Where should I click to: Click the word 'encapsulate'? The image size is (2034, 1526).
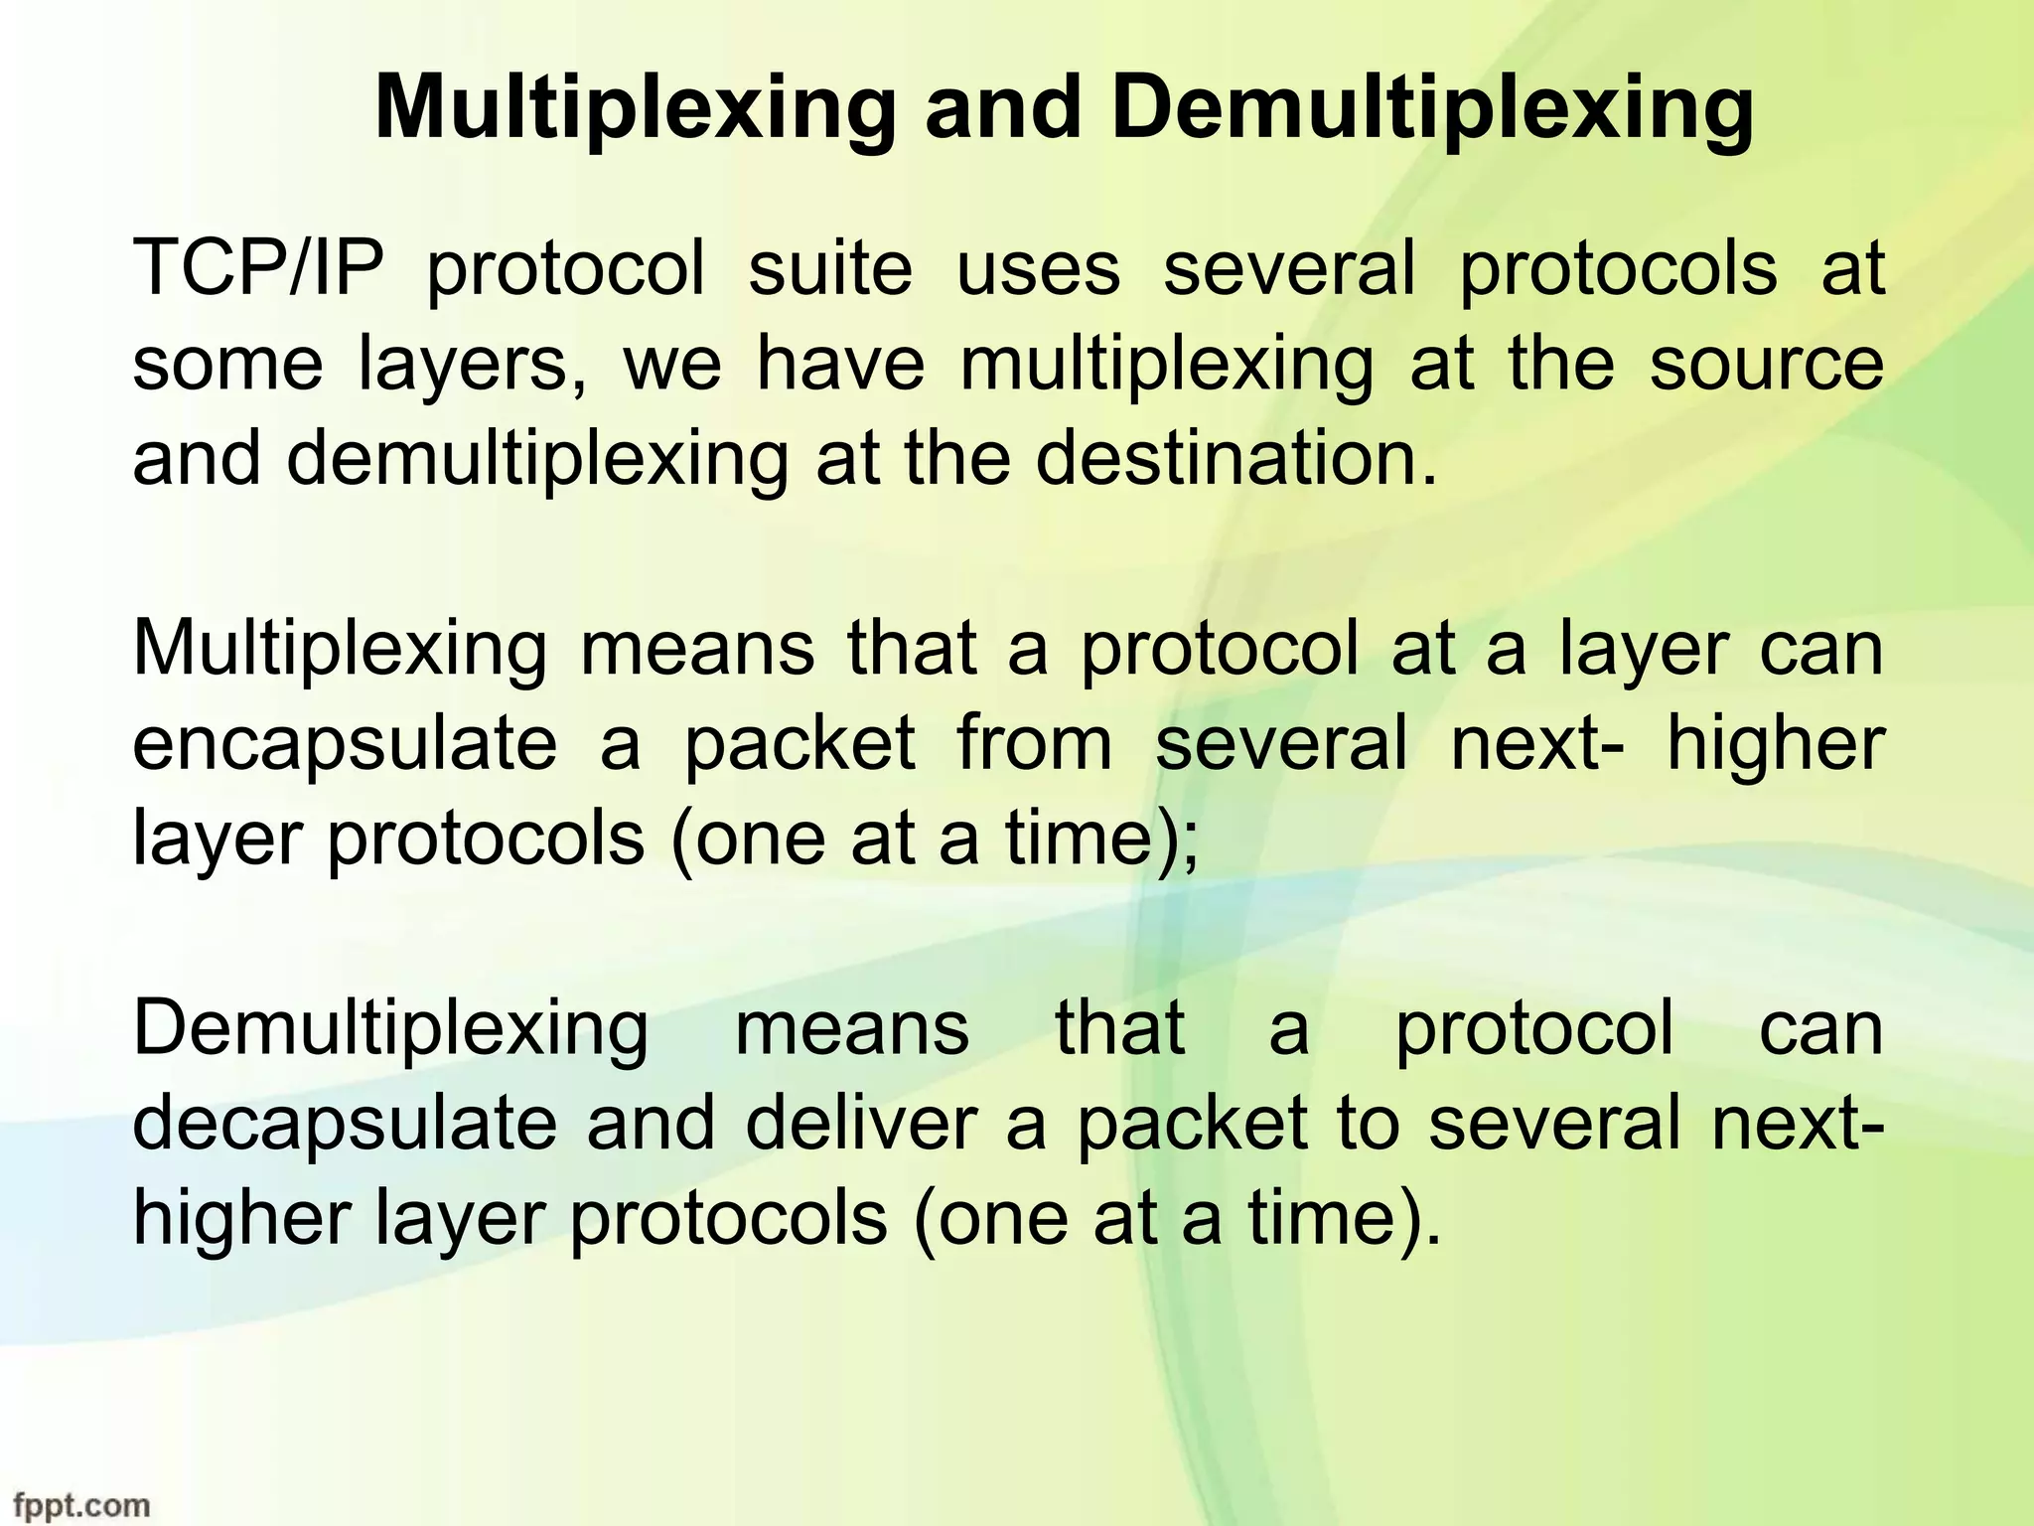pos(345,745)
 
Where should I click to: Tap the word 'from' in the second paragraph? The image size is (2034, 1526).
pos(1034,745)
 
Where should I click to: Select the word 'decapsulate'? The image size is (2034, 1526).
pos(345,1125)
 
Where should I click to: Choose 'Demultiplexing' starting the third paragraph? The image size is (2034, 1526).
pos(390,1030)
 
